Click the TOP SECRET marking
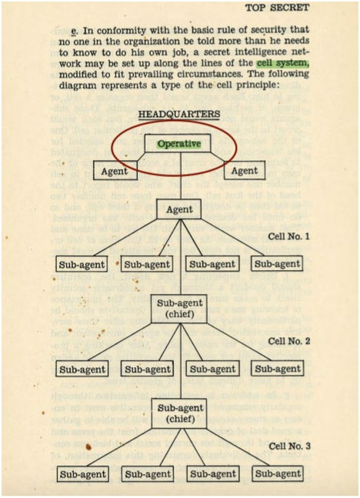click(x=277, y=8)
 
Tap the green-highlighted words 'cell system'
click(x=282, y=63)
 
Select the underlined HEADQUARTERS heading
click(x=179, y=115)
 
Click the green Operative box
click(x=179, y=144)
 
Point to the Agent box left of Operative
click(x=115, y=171)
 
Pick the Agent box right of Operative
click(x=245, y=171)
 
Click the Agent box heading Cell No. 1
click(x=180, y=209)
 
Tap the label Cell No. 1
click(x=288, y=236)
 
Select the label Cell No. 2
click(x=289, y=341)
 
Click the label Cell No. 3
click(x=289, y=446)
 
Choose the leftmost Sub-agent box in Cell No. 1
click(x=82, y=264)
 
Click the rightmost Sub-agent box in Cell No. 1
click(x=277, y=263)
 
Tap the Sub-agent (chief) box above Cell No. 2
click(x=180, y=309)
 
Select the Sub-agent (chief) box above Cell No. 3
click(x=180, y=413)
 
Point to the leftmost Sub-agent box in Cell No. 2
click(x=82, y=369)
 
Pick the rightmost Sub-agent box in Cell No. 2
click(x=278, y=369)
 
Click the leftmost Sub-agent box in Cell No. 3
click(x=83, y=474)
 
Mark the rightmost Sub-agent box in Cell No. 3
click(x=278, y=473)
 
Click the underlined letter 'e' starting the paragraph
click(x=74, y=31)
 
